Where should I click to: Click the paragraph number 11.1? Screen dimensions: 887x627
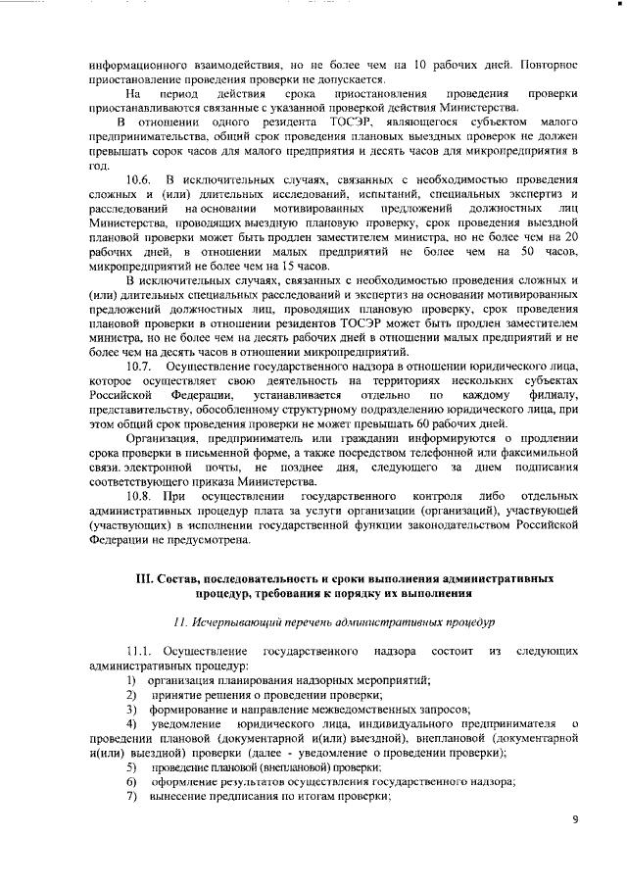tap(141, 652)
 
